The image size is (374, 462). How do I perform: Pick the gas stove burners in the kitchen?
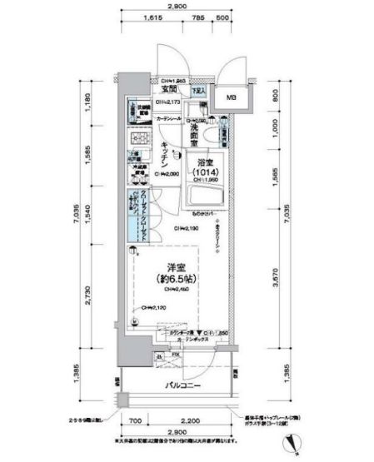[137, 140]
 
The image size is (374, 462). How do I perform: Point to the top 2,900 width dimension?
[175, 7]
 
